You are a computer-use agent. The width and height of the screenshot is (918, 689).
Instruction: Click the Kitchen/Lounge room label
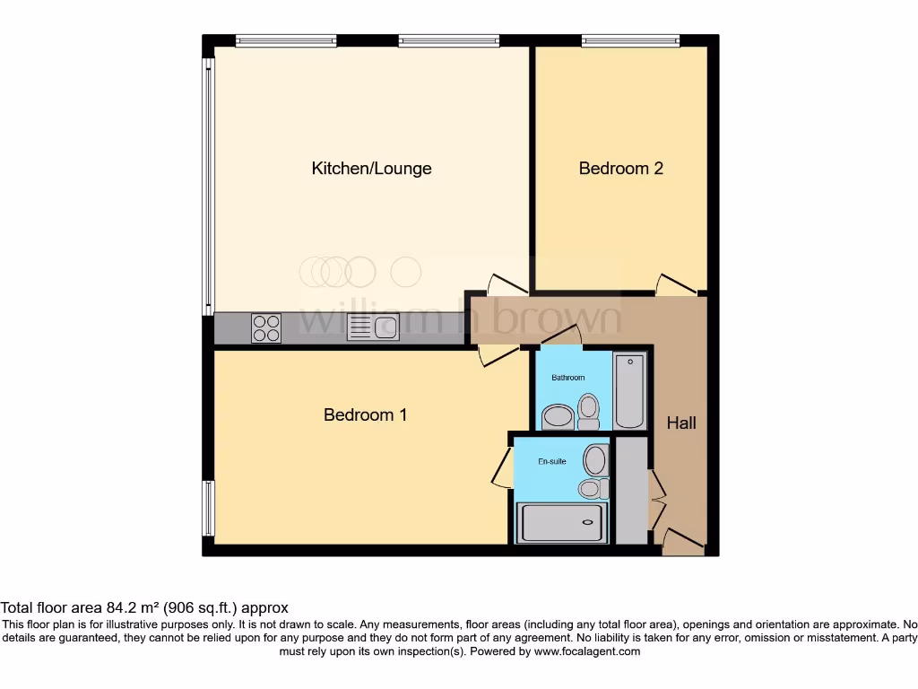click(x=371, y=169)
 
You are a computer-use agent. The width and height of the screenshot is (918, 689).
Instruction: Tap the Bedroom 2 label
click(x=620, y=169)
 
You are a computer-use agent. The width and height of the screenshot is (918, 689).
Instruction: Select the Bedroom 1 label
click(x=365, y=414)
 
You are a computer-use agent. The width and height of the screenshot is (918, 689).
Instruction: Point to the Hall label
click(x=681, y=423)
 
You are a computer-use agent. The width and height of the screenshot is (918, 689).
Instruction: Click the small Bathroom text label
click(x=567, y=378)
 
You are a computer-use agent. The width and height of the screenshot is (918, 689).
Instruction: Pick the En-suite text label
click(x=552, y=461)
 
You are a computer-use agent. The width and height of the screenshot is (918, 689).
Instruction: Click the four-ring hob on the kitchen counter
click(x=266, y=327)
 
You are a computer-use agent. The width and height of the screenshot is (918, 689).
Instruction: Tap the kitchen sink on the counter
click(x=373, y=328)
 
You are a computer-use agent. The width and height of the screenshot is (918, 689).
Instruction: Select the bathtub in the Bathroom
click(x=629, y=391)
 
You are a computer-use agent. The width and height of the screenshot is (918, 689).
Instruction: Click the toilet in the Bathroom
click(x=589, y=409)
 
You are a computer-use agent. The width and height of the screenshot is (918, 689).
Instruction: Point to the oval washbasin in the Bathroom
click(x=559, y=417)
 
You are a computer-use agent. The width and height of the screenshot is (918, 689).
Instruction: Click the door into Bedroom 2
click(x=676, y=284)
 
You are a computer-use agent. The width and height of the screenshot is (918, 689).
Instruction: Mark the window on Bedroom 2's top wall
click(x=630, y=40)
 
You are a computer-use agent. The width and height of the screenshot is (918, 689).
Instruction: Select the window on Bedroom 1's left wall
click(x=208, y=508)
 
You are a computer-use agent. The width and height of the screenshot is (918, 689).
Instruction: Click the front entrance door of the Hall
click(x=682, y=541)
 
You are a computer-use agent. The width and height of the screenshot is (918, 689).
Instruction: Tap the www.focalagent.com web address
click(x=587, y=652)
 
